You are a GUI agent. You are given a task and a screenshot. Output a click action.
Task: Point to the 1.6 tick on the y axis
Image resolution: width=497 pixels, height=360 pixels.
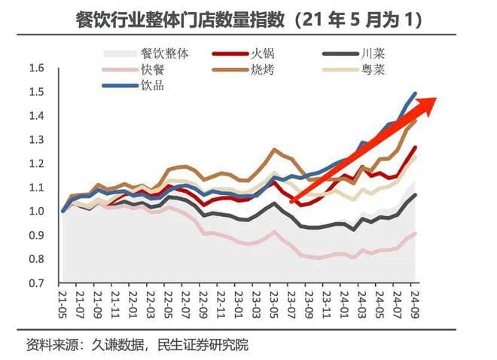(x=36, y=69)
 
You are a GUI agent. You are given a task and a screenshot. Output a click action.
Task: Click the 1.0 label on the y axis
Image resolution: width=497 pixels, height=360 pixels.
(x=36, y=212)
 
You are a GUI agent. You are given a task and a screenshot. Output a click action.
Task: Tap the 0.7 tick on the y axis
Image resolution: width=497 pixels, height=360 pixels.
(x=36, y=283)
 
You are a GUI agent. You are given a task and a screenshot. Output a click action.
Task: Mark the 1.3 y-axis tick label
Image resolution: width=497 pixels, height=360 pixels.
(x=36, y=140)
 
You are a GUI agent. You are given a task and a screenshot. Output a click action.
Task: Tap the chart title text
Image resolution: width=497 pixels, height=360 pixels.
(x=248, y=19)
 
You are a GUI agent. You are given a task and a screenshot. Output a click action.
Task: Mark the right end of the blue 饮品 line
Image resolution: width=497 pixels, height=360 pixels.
(x=415, y=93)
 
